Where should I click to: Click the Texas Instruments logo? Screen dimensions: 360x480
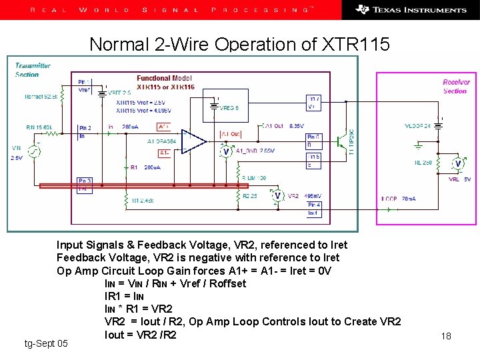click(x=411, y=9)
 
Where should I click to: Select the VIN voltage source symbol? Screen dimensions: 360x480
click(x=33, y=152)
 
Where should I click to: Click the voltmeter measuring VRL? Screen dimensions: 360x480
click(x=457, y=163)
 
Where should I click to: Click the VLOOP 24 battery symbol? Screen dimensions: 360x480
click(x=438, y=124)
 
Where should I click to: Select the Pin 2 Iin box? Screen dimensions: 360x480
click(x=85, y=131)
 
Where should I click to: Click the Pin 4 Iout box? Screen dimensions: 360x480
click(x=313, y=209)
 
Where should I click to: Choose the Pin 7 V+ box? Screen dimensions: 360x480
click(x=314, y=102)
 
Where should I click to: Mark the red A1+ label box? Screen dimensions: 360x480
click(x=164, y=127)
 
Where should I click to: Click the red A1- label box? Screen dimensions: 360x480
click(x=164, y=153)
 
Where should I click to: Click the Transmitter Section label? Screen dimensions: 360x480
click(x=33, y=69)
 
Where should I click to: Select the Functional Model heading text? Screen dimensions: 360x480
click(x=164, y=78)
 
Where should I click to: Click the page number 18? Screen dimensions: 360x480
click(x=446, y=336)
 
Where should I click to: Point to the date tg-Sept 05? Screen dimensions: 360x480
click(x=45, y=343)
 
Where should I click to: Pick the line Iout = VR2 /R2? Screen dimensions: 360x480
click(x=141, y=335)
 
